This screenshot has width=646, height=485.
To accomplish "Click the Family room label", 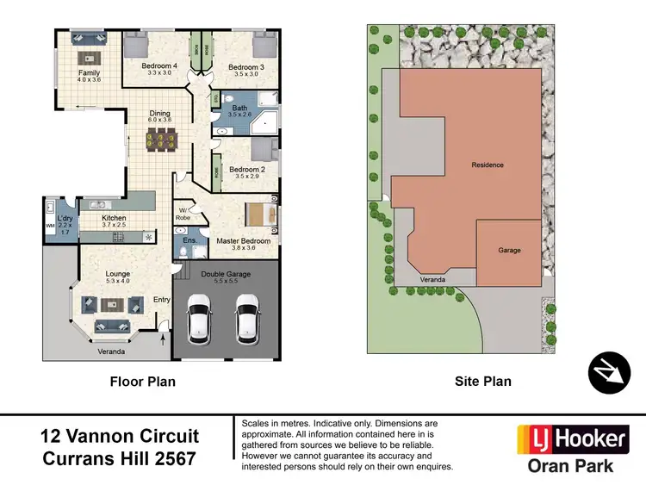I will coord(89,74).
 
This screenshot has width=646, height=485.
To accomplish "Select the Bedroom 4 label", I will coord(162,66).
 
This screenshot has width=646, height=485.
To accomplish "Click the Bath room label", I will coord(239,109).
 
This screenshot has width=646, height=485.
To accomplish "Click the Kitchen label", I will coord(114,219).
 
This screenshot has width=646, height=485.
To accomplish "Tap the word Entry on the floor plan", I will coord(161,300).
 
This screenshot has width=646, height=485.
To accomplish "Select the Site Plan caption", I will coord(483,380).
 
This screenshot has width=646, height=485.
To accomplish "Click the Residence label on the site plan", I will coord(487,164).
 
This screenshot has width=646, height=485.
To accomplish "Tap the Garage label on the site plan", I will coord(509,251).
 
